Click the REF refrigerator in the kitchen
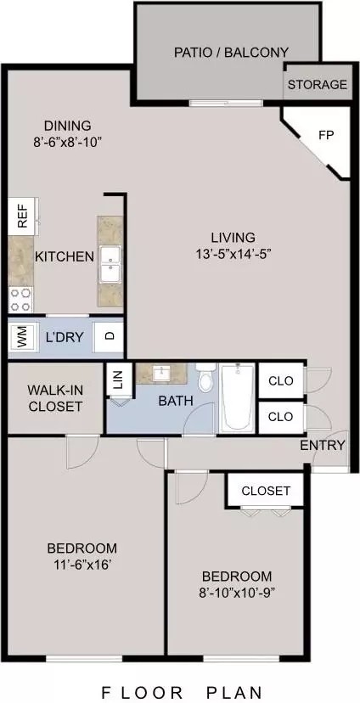[21, 217]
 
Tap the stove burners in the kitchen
[21, 300]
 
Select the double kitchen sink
[110, 265]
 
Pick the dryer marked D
[108, 336]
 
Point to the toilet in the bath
[206, 378]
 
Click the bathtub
[237, 398]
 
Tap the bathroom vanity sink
[161, 373]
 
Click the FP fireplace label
[326, 135]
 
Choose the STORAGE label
[318, 84]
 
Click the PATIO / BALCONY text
[231, 53]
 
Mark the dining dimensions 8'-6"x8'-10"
[68, 143]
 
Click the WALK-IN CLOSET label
[54, 398]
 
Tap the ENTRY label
[323, 445]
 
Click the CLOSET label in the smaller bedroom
[266, 491]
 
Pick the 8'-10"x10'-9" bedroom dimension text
[237, 593]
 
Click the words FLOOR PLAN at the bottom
[182, 692]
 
